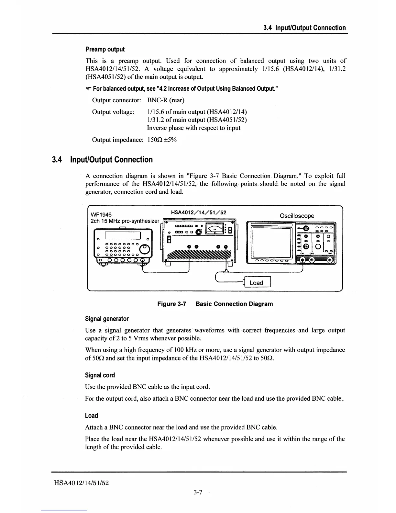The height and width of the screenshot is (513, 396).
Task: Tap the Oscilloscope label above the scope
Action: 297,216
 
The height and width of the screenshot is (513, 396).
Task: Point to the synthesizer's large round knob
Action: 144,249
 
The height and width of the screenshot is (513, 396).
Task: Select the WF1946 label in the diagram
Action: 101,215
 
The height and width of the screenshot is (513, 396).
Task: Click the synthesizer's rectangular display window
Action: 122,236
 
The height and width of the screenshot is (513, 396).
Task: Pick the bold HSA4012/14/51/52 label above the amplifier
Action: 198,212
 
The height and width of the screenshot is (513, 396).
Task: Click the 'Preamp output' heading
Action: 105,49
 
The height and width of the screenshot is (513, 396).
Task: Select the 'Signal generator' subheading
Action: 107,319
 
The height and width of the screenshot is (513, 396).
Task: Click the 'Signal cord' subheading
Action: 100,375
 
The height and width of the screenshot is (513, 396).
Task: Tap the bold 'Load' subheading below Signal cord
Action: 91,416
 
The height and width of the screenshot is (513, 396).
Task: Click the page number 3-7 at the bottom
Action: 198,493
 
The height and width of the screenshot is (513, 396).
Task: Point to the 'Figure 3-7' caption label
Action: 172,304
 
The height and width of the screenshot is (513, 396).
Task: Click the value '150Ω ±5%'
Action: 162,140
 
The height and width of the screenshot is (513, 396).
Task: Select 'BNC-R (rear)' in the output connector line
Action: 166,100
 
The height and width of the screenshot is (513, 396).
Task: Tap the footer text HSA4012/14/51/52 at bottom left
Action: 81,483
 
